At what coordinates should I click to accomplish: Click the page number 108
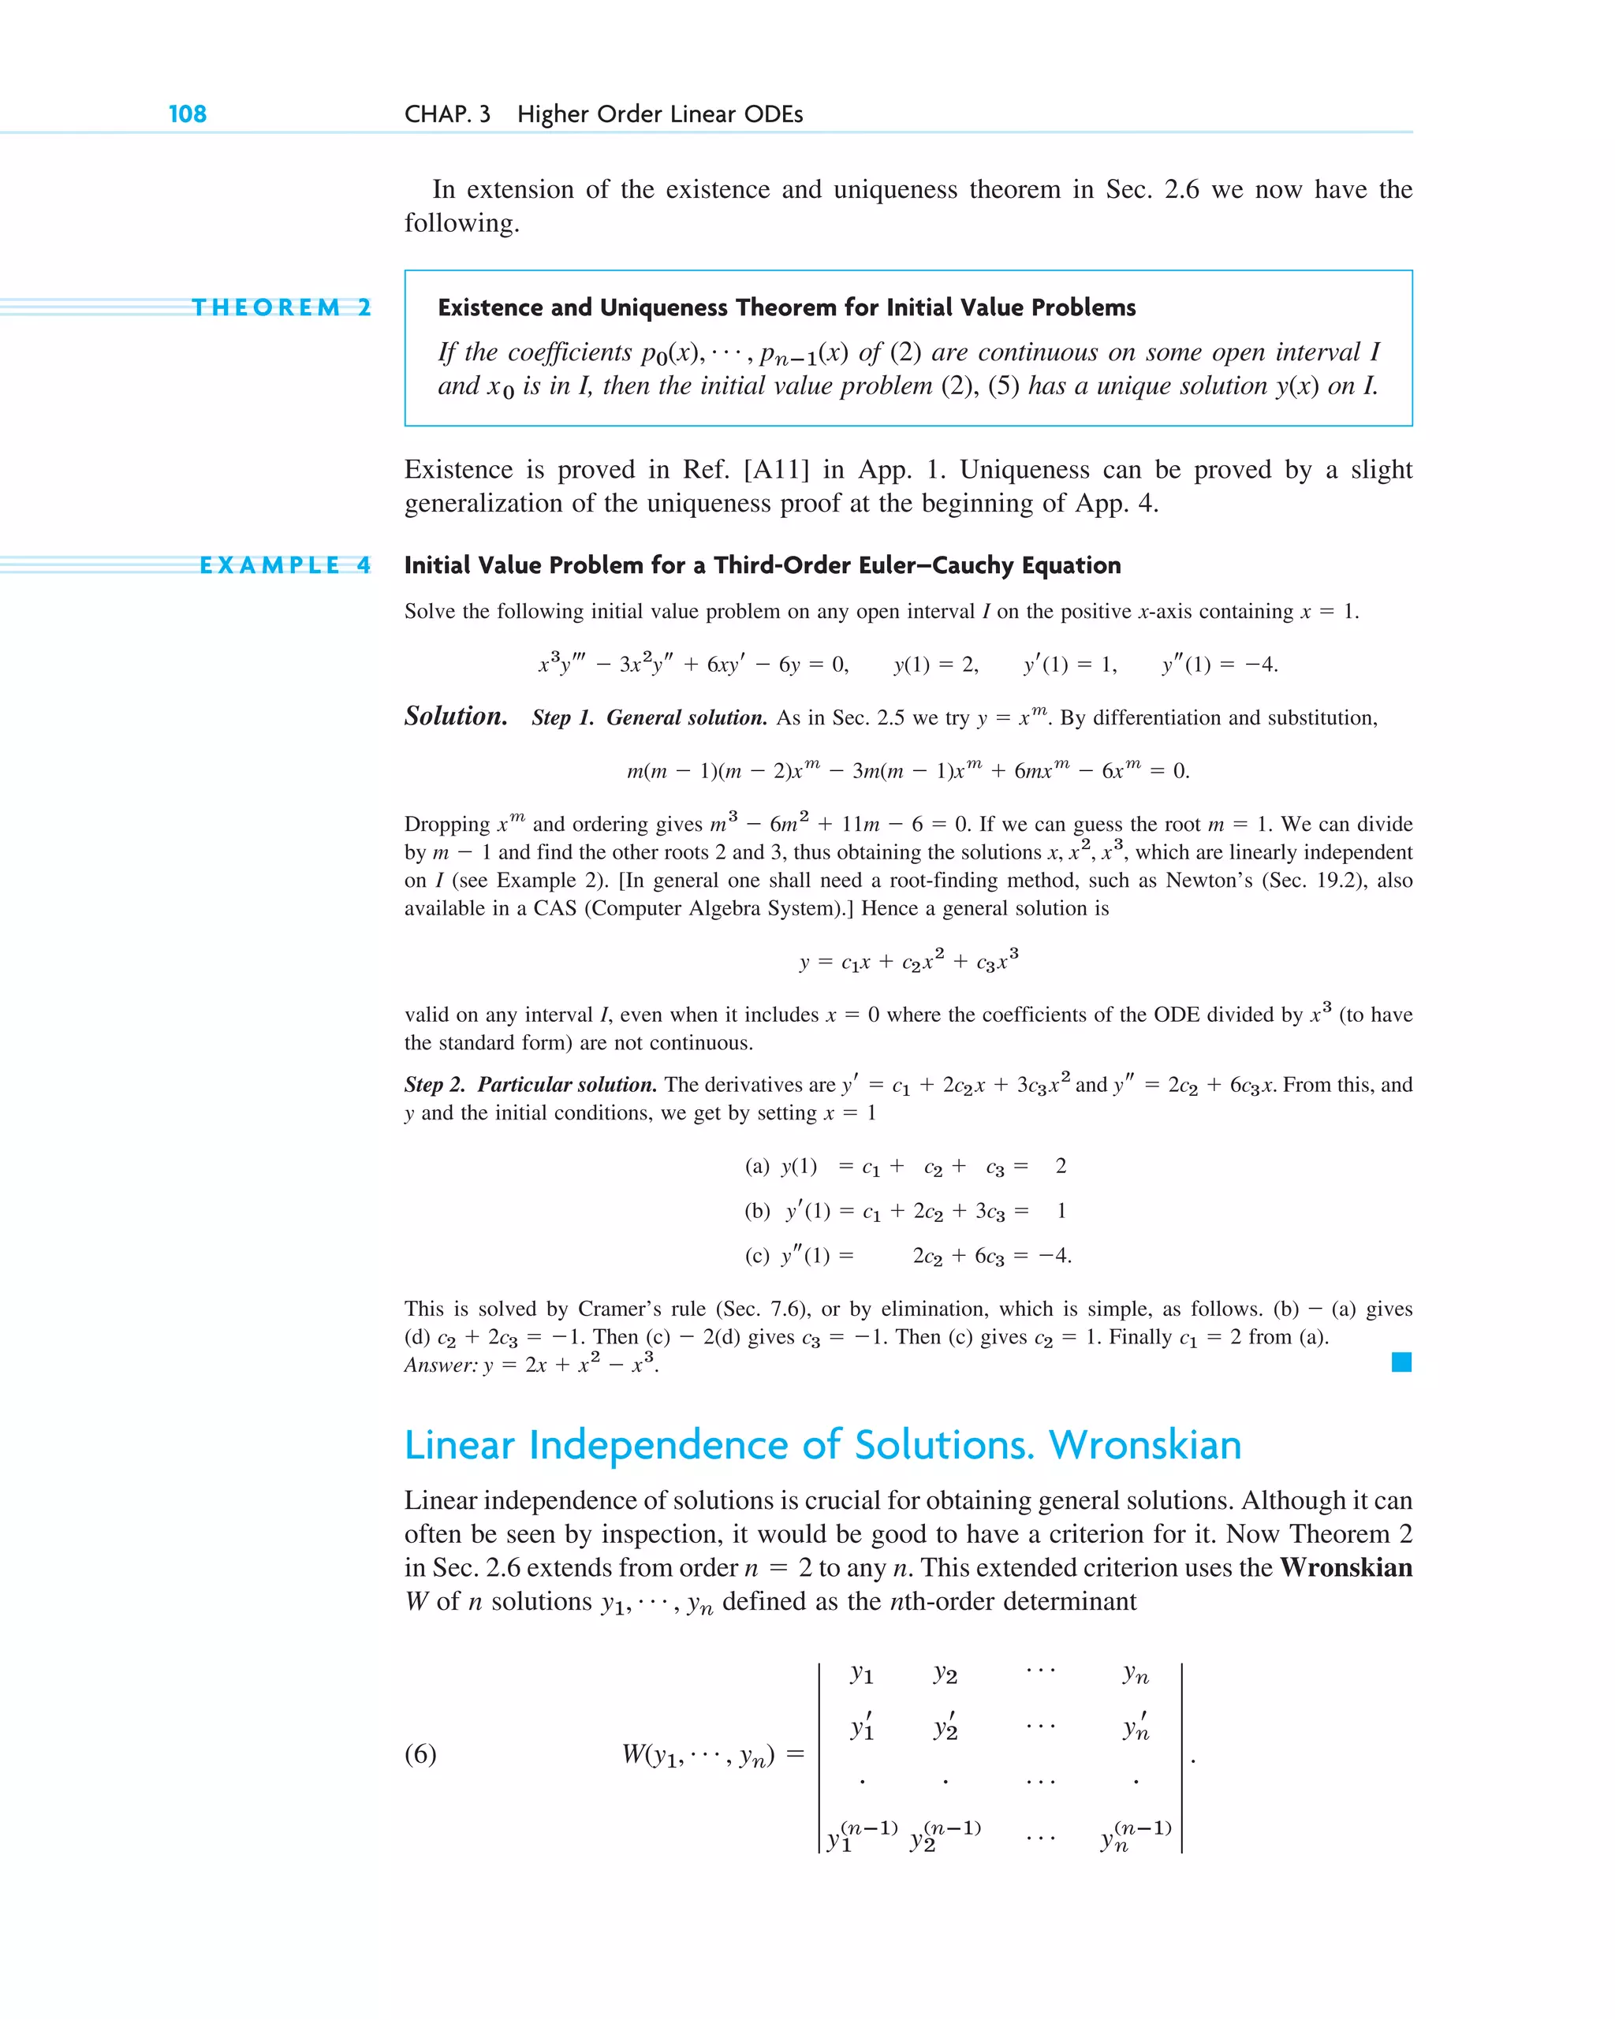(x=188, y=114)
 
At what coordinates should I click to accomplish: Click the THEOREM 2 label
(x=281, y=307)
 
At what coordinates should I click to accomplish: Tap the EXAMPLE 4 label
(x=285, y=564)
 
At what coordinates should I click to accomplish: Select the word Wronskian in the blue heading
(x=1145, y=1445)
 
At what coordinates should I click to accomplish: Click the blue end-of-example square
(x=1401, y=1362)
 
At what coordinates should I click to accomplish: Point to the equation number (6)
(x=420, y=1754)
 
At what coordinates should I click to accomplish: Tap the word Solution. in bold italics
(x=455, y=717)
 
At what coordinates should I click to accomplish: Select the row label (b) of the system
(x=757, y=1211)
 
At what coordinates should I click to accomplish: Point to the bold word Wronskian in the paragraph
(x=1345, y=1567)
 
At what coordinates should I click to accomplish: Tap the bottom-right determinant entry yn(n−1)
(x=1135, y=1838)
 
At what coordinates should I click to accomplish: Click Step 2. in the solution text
(x=435, y=1085)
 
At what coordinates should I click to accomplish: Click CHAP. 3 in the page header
(x=447, y=114)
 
